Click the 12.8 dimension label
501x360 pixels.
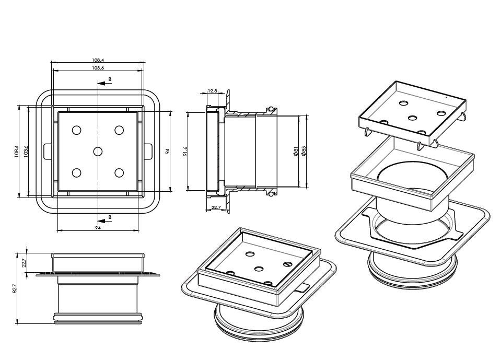tap(213, 91)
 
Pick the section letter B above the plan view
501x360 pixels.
tap(110, 79)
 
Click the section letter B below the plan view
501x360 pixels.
tap(110, 217)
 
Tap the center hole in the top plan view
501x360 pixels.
tap(98, 152)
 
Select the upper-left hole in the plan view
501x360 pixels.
tap(77, 130)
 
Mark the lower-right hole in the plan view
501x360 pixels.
tap(119, 173)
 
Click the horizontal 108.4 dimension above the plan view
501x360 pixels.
tap(98, 60)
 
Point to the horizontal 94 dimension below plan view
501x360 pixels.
tap(98, 228)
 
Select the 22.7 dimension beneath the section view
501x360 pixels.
tap(216, 207)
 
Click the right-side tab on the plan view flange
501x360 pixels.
tap(149, 150)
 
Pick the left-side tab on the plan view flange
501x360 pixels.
tap(46, 150)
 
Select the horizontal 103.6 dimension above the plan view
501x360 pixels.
tap(98, 68)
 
